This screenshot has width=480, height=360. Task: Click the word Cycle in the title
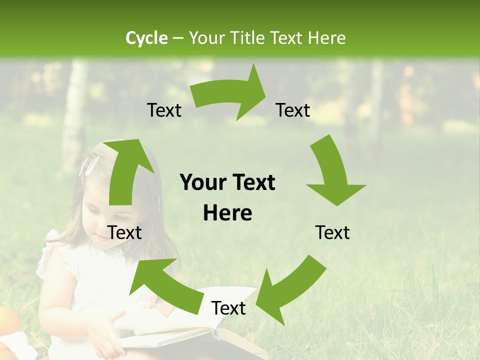146,38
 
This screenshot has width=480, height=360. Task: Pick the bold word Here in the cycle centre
227,213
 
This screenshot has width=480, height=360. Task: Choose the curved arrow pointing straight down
333,172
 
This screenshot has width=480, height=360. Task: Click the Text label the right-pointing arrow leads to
293,110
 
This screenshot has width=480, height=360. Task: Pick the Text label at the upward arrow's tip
164,110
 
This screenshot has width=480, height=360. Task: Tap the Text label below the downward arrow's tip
332,232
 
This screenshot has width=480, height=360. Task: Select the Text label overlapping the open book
228,308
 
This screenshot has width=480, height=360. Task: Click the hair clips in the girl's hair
88,165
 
